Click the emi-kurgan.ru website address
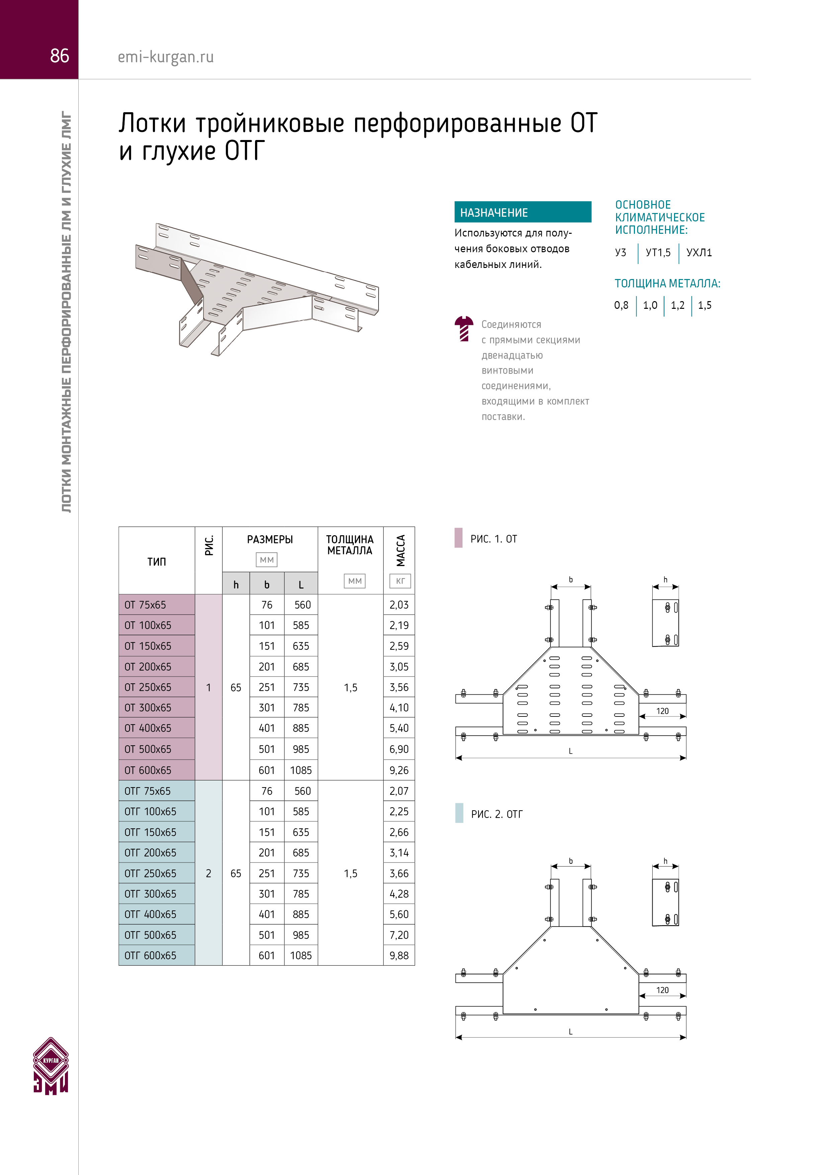[x=166, y=57]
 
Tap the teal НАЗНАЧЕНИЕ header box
[x=523, y=212]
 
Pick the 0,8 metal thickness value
[x=621, y=305]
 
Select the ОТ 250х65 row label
[x=148, y=687]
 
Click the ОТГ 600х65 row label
[x=150, y=956]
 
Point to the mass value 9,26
[x=399, y=770]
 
